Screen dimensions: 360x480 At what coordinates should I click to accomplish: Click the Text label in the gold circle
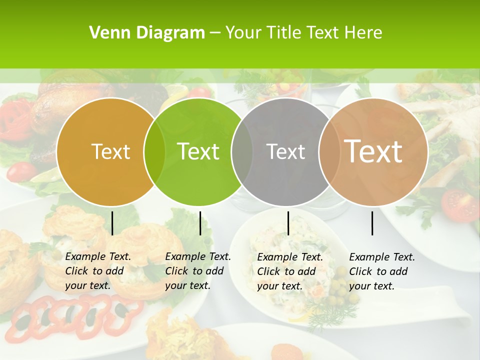(x=110, y=151)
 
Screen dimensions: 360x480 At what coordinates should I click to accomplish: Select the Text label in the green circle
(x=198, y=151)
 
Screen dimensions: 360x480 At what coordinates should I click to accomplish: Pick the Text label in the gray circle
(x=285, y=151)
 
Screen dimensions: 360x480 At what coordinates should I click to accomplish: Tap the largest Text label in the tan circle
(x=373, y=151)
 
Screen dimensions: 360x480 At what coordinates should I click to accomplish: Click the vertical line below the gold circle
(x=112, y=223)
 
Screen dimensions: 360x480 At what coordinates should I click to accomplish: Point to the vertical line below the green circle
(x=200, y=223)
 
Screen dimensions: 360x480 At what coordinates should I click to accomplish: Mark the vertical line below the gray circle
(x=288, y=223)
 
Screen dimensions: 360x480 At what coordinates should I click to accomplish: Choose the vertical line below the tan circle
(x=372, y=223)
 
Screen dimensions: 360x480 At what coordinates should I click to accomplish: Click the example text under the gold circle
(x=97, y=271)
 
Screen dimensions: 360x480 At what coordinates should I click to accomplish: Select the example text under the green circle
(x=197, y=271)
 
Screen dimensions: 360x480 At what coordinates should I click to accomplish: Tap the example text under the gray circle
(x=289, y=271)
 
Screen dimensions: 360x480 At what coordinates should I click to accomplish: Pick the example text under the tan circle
(x=381, y=271)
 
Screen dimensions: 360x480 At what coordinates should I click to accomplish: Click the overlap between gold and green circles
(x=154, y=151)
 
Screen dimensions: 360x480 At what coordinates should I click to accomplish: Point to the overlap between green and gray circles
(x=242, y=151)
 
